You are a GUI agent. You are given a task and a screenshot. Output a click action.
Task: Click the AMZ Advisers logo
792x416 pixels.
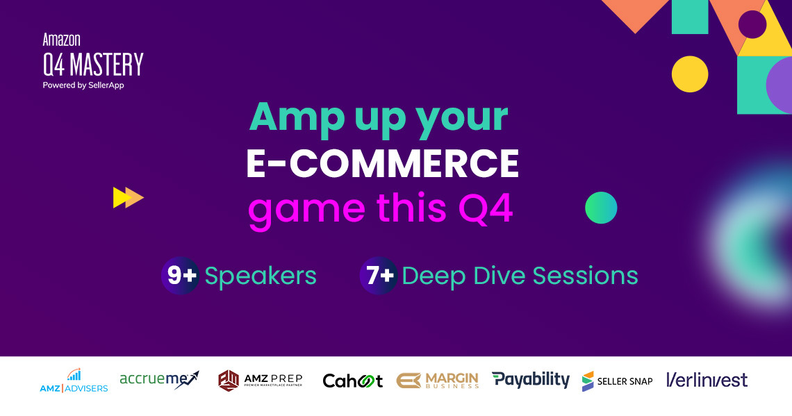74,381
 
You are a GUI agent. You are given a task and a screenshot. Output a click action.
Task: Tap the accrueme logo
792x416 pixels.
159,379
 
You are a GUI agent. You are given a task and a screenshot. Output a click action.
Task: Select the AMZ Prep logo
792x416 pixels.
261,381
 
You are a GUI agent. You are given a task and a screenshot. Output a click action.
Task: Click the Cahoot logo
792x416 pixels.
353,381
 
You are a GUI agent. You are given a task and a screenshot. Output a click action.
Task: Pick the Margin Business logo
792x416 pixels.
438,381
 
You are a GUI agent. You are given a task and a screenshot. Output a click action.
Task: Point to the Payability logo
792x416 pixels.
531,380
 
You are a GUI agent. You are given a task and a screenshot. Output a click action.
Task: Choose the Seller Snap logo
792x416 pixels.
617,381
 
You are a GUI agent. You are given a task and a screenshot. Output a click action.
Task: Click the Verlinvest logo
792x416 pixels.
707,380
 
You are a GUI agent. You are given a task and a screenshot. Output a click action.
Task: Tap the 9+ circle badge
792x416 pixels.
181,276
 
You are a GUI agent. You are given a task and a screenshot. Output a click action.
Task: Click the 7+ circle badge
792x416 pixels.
379,276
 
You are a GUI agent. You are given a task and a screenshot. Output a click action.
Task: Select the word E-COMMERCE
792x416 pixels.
383,163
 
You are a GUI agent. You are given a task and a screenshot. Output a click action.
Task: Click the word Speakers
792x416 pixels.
261,276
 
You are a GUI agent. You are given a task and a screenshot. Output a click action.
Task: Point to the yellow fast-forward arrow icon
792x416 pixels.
128,198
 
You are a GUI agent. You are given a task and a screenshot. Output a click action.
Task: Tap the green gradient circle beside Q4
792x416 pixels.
601,208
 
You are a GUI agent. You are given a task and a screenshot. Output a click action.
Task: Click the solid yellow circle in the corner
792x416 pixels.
689,74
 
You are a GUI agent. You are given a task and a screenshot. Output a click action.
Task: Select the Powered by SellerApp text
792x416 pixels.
83,85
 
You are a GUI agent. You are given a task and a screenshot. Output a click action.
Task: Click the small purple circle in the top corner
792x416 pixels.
752,24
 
